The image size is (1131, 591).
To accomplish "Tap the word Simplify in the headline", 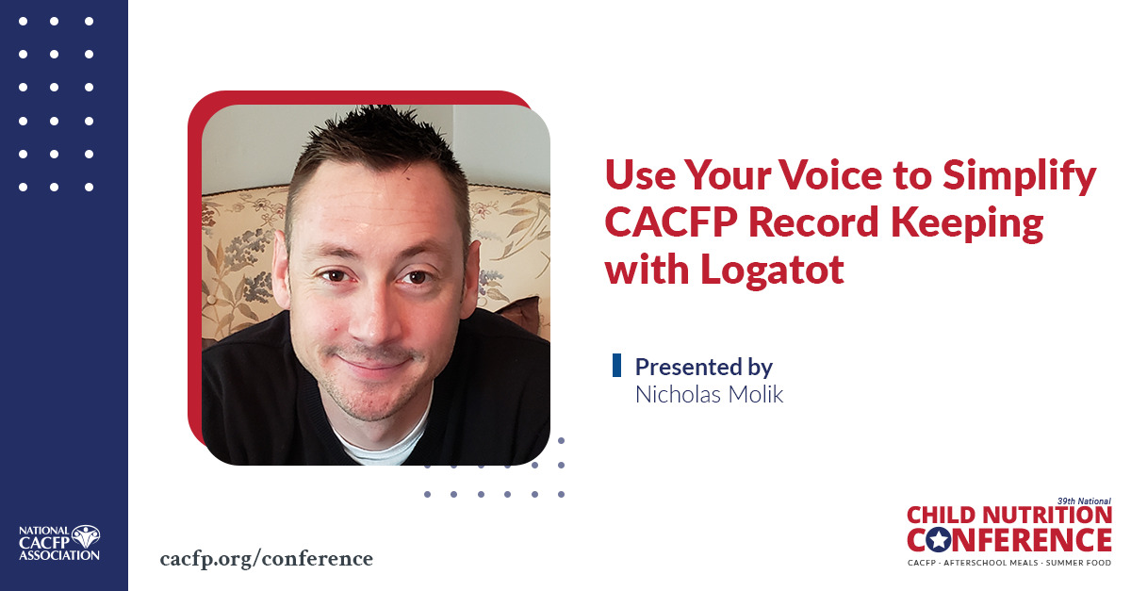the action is pyautogui.click(x=1020, y=178).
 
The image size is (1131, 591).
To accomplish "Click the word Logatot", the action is pyautogui.click(x=773, y=270).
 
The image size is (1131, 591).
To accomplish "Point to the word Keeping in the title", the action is pyautogui.click(x=967, y=224).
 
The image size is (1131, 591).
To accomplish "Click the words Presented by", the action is pyautogui.click(x=704, y=368).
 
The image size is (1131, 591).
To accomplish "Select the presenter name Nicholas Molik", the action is pyautogui.click(x=709, y=395).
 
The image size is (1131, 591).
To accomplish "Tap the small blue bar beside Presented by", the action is pyautogui.click(x=616, y=365).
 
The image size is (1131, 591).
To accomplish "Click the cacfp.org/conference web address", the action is pyautogui.click(x=267, y=559).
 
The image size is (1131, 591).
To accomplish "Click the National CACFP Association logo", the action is pyautogui.click(x=59, y=543).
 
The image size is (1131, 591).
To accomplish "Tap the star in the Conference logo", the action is pyautogui.click(x=939, y=540).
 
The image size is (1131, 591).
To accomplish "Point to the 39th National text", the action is pyautogui.click(x=1084, y=501).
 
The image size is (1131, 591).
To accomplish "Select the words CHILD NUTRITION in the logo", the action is pyautogui.click(x=1009, y=516).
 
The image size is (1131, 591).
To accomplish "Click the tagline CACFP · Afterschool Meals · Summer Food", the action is pyautogui.click(x=1009, y=563).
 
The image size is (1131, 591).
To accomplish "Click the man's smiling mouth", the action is pyautogui.click(x=372, y=362).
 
